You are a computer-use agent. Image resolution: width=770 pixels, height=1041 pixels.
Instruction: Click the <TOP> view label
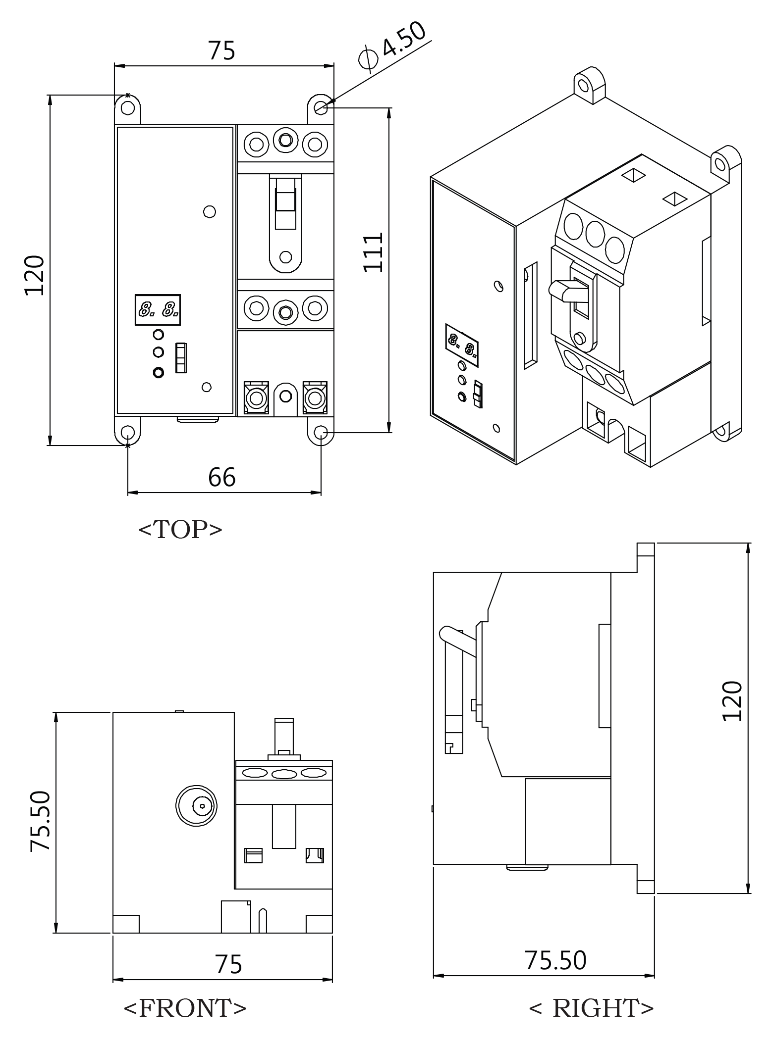click(180, 530)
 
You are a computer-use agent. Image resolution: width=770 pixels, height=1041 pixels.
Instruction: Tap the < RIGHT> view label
click(591, 1008)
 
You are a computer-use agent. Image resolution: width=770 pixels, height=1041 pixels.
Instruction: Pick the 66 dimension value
click(221, 477)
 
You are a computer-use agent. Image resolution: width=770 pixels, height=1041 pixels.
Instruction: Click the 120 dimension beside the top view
click(35, 275)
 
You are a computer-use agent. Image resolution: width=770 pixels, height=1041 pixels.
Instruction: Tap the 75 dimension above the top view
click(221, 50)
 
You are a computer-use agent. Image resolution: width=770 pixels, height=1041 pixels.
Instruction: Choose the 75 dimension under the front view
click(228, 964)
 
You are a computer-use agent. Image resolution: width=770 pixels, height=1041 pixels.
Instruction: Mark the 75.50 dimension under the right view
click(555, 961)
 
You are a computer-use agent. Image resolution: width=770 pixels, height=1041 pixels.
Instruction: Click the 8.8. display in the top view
click(158, 310)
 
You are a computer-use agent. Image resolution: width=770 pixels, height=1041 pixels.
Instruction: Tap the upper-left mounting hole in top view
click(128, 107)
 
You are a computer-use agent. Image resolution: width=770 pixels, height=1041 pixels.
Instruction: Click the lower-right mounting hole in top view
click(321, 433)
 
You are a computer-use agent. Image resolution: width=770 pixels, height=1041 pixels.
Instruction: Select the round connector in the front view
click(196, 805)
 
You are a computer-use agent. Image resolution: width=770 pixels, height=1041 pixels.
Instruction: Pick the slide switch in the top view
click(181, 357)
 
